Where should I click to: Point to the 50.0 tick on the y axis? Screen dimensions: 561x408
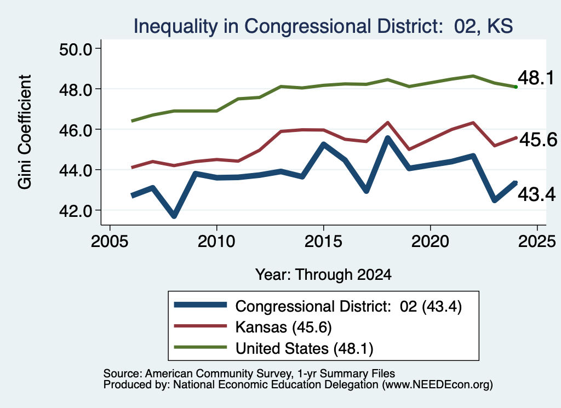(76, 49)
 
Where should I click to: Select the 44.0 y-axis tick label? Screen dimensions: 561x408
(76, 170)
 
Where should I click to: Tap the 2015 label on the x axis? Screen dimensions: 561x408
(323, 242)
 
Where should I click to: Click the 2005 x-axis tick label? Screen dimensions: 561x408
(110, 242)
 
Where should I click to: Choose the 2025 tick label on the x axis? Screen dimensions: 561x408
(537, 242)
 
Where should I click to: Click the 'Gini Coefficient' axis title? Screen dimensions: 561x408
(25, 132)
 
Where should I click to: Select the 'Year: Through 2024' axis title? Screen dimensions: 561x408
(323, 274)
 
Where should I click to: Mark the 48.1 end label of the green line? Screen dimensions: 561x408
(536, 78)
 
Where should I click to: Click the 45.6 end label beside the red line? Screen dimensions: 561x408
(538, 140)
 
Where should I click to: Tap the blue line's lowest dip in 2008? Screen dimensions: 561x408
(174, 216)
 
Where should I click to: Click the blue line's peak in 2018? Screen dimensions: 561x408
(387, 137)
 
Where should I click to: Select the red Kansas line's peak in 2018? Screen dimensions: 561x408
(387, 123)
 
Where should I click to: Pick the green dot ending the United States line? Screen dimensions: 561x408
(516, 87)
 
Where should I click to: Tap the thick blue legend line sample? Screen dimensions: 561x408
(201, 305)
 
